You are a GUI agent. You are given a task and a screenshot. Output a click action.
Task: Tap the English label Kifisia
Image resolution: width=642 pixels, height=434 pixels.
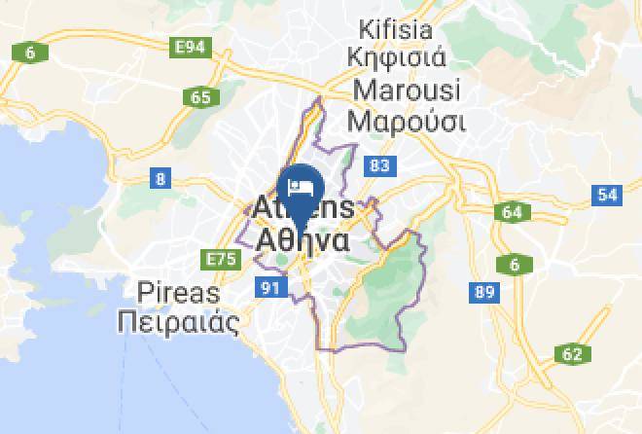tap(402, 27)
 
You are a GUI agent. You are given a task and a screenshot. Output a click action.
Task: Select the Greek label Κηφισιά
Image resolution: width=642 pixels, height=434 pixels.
tap(402, 58)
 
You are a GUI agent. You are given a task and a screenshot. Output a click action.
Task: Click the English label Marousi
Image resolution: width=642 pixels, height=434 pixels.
tap(409, 90)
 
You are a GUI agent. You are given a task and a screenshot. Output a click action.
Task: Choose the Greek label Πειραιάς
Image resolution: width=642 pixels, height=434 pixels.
tap(177, 323)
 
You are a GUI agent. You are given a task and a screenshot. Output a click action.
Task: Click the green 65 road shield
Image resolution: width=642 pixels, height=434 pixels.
tap(201, 96)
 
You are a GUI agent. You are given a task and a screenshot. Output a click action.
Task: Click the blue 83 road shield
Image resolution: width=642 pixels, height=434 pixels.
tap(379, 166)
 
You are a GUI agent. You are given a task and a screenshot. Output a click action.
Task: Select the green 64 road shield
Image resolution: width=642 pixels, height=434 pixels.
tap(512, 212)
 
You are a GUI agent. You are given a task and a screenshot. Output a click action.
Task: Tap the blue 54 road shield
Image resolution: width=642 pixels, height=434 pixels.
tap(608, 195)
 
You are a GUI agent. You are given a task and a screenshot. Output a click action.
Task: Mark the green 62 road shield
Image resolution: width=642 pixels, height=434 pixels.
tap(571, 354)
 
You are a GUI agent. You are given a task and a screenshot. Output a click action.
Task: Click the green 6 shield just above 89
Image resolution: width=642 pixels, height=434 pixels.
tap(514, 264)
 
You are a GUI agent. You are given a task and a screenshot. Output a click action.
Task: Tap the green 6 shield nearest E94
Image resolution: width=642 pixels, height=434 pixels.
tap(30, 53)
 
